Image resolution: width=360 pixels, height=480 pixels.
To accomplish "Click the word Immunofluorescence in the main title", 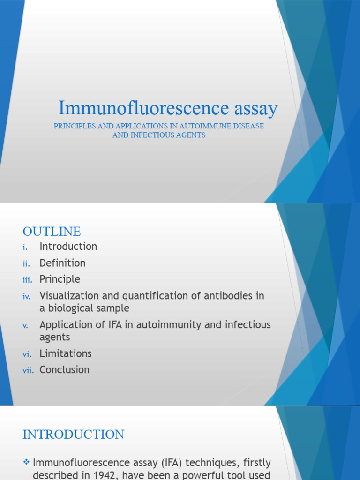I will pos(136,108).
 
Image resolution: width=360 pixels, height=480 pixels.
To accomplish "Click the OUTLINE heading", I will pos(52,232).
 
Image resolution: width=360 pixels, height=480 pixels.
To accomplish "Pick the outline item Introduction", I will pos(68,247).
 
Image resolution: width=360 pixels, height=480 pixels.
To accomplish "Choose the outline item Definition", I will pos(62,263).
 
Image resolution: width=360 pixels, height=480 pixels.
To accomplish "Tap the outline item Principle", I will pos(60,279).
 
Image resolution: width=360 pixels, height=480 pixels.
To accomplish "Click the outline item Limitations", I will pos(66,353).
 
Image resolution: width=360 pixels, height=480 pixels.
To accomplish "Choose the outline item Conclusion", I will pos(65,370).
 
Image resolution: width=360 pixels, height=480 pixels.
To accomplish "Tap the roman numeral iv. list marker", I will pos(26,297).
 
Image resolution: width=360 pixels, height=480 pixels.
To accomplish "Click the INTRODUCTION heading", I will pos(74,435).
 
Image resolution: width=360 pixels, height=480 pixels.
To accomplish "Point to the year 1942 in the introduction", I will pos(98,474).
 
